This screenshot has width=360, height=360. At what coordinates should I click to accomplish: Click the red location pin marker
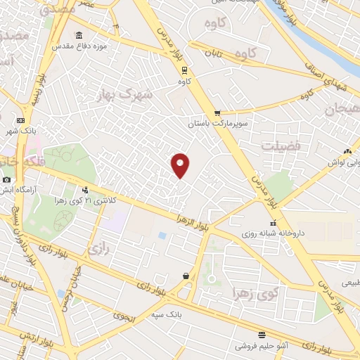[x=181, y=165]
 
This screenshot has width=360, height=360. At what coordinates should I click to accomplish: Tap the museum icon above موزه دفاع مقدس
[x=78, y=35]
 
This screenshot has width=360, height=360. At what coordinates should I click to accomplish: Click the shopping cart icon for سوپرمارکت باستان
[x=217, y=112]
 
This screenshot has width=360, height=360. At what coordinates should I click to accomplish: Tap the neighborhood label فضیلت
[x=279, y=146]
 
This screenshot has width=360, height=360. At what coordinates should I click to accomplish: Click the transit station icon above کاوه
[x=184, y=70]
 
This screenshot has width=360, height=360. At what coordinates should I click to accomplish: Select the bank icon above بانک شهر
[x=20, y=120]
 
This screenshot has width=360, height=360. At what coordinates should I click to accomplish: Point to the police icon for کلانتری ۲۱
[x=86, y=189]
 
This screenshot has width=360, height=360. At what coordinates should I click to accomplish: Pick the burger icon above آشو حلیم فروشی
[x=262, y=335]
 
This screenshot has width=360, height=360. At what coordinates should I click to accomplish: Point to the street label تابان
[x=214, y=53]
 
